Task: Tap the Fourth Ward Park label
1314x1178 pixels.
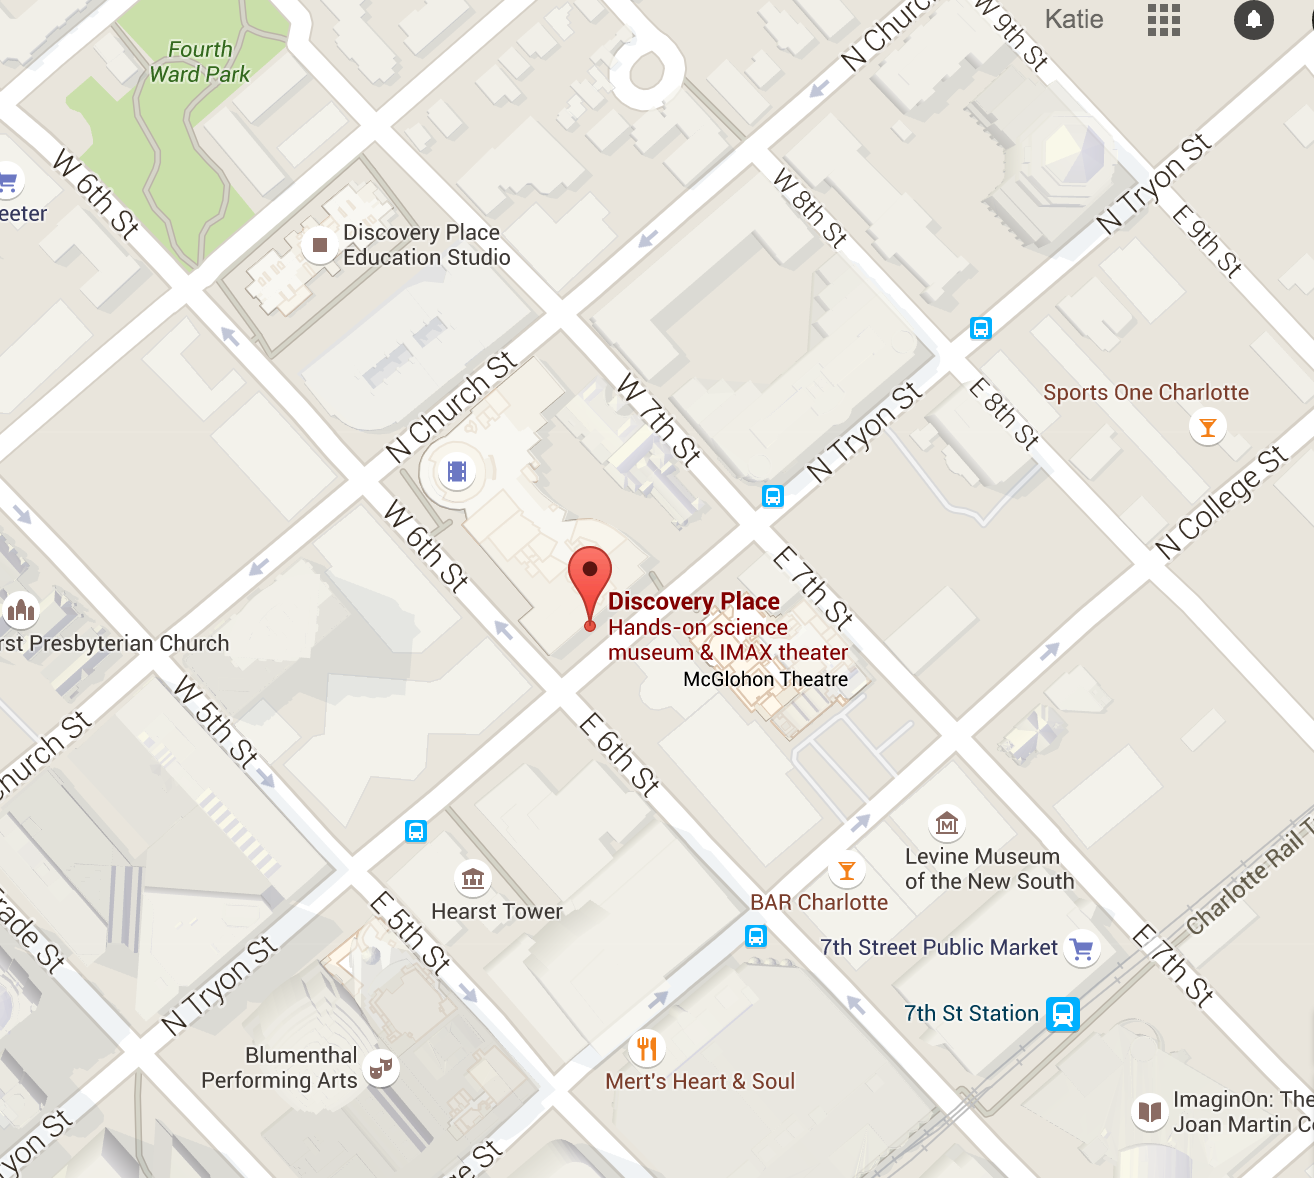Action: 200,62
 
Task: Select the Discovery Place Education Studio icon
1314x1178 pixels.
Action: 320,245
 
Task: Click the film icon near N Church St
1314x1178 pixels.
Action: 457,471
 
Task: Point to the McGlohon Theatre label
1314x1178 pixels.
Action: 765,680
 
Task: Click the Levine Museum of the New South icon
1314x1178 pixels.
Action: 946,824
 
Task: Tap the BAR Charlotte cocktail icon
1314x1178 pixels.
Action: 847,870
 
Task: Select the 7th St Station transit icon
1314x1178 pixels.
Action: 1062,1014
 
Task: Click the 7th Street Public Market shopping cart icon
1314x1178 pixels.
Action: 1081,948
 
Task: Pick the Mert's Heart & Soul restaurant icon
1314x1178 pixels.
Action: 647,1048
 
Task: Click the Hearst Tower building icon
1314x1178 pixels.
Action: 473,879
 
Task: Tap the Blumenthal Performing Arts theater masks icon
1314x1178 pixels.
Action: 380,1068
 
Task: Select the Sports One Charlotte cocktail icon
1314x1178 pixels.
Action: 1207,428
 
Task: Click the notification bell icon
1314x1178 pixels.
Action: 1253,20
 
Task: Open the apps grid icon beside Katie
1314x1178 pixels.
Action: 1163,20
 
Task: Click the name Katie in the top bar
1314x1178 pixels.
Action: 1074,20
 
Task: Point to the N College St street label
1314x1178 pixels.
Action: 1221,503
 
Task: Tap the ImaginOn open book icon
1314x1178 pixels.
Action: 1150,1112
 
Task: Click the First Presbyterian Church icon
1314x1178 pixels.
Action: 21,609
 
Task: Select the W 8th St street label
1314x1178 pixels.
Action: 810,208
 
